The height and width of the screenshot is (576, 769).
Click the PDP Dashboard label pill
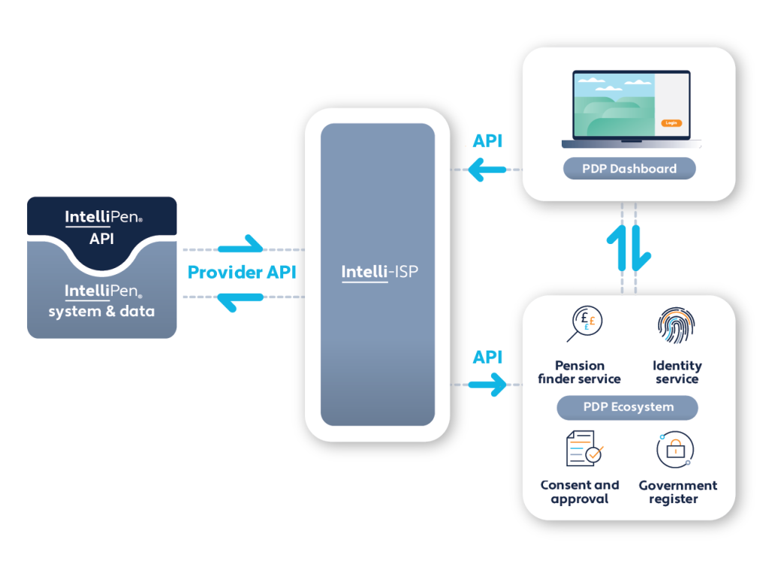pyautogui.click(x=629, y=169)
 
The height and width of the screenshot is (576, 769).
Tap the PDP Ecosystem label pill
pyautogui.click(x=628, y=407)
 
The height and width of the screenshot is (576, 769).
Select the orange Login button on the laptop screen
pyautogui.click(x=671, y=122)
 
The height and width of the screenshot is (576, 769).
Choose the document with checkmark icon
pyautogui.click(x=584, y=448)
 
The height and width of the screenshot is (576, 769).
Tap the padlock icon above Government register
pyautogui.click(x=674, y=449)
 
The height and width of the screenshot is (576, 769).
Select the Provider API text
pyautogui.click(x=242, y=272)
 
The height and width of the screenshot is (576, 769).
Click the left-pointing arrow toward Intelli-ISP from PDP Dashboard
pyautogui.click(x=487, y=170)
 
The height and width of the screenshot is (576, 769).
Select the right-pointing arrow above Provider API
pyautogui.click(x=241, y=246)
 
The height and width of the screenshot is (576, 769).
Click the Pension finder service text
pyautogui.click(x=579, y=372)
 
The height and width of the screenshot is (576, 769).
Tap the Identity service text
pyautogui.click(x=677, y=372)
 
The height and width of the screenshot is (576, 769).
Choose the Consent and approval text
pyautogui.click(x=580, y=492)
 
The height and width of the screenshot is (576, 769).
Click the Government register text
pyautogui.click(x=677, y=492)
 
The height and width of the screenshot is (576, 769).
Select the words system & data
pyautogui.click(x=101, y=311)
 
